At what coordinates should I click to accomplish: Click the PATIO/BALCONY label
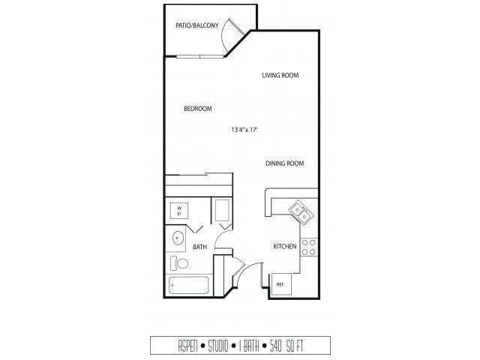pos(197,25)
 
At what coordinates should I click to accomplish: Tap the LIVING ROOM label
pos(280,75)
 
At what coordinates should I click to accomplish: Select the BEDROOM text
pos(198,109)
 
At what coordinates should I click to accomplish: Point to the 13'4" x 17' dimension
pos(244,130)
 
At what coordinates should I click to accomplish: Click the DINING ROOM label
pos(285,163)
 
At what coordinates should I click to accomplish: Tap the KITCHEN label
pos(285,247)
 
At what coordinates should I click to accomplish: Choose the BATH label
pos(200,247)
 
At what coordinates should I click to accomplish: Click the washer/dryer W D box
pos(179,211)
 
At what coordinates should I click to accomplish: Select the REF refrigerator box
pos(281,284)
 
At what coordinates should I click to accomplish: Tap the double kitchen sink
pos(301,213)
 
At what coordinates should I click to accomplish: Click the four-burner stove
pos(308,247)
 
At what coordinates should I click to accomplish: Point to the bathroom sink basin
pos(178,238)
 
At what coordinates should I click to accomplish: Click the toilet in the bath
pos(179,263)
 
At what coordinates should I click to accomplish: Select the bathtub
pos(188,285)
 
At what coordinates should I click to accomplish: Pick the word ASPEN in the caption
pos(187,346)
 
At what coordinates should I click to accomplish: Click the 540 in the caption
pos(276,346)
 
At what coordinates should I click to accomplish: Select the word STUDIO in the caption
pos(218,346)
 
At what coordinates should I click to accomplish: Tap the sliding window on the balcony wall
pos(200,57)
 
